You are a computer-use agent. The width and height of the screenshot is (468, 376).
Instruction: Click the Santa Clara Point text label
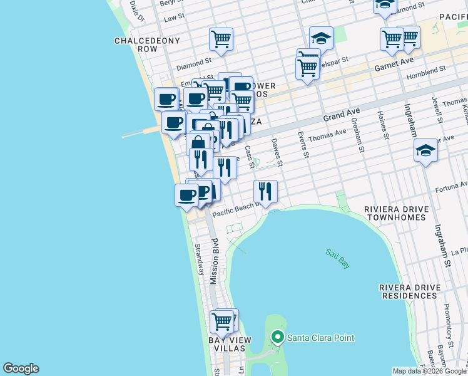click(320, 338)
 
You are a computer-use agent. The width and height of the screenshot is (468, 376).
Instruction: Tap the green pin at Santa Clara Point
click(277, 338)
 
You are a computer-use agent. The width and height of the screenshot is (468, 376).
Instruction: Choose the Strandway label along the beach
click(200, 259)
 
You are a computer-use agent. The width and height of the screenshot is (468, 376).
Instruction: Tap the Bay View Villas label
click(230, 344)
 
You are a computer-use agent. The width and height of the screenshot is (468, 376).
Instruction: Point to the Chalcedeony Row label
click(147, 44)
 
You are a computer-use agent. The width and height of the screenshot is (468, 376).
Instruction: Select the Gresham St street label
click(358, 136)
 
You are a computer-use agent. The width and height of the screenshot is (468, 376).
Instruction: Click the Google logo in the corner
click(21, 368)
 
